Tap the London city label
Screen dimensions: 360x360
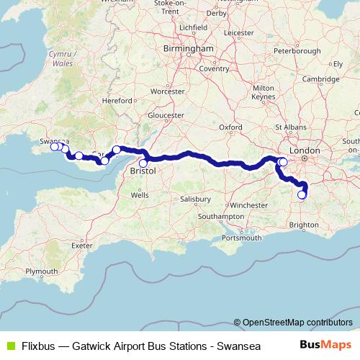310,150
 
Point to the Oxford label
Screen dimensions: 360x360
230,127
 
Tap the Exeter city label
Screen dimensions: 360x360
84,245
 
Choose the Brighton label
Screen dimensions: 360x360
304,225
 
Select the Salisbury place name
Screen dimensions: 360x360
195,198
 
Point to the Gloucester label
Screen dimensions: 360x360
162,115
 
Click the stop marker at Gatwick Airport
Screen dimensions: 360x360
302,194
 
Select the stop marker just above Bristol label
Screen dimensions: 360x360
143,163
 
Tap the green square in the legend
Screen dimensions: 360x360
9,345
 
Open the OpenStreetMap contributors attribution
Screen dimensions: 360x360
297,322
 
